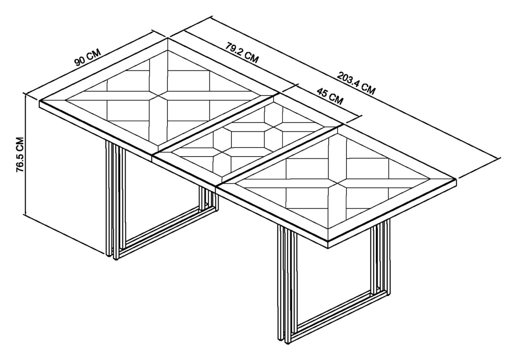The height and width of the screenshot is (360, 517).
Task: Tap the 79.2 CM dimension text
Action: point(242,52)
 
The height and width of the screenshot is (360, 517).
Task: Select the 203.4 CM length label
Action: point(356,83)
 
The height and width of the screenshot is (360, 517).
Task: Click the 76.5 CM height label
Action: point(20,154)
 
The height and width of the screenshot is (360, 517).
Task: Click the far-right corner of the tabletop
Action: point(456,180)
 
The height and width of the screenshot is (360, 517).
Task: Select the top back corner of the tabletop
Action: point(168,39)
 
